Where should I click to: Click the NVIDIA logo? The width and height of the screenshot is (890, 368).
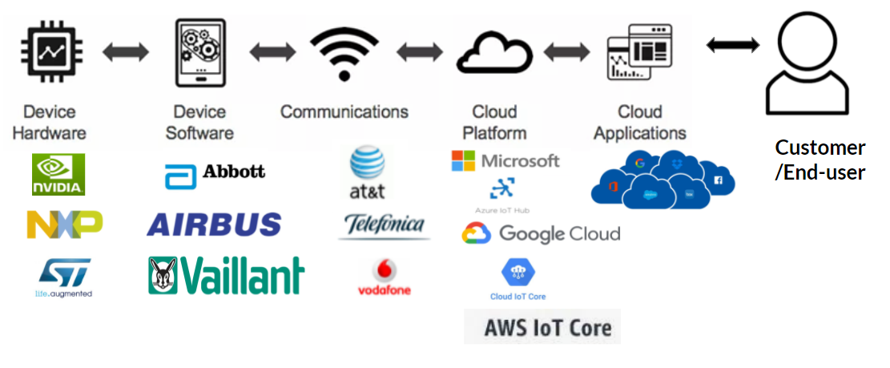click(x=58, y=175)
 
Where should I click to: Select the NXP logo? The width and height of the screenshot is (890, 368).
click(x=64, y=224)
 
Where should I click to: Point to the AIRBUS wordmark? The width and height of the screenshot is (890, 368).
click(x=214, y=224)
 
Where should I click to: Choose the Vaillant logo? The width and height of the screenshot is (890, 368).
click(x=226, y=276)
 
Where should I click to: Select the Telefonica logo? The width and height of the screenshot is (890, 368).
click(x=384, y=226)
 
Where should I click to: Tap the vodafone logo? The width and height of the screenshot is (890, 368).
click(x=384, y=277)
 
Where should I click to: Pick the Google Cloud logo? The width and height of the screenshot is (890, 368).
click(x=541, y=233)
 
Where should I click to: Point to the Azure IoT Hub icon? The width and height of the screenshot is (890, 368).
click(x=502, y=190)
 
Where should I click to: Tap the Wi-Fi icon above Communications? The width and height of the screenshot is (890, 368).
click(x=344, y=53)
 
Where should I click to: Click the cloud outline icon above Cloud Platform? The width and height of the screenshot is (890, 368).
click(x=494, y=55)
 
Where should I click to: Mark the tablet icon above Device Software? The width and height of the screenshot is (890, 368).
click(x=199, y=53)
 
